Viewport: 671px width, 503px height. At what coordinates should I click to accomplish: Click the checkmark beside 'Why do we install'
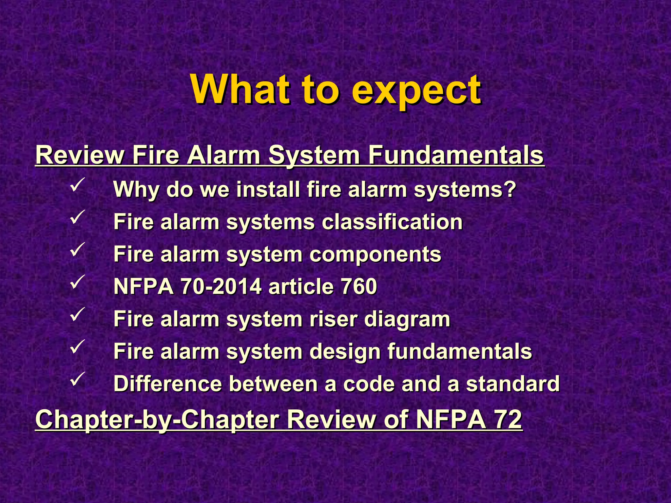click(78, 184)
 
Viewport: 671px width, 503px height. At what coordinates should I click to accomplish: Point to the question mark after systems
click(510, 189)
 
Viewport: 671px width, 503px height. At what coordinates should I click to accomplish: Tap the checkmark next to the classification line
click(78, 216)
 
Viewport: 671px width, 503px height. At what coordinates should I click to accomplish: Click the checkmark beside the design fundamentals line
click(78, 346)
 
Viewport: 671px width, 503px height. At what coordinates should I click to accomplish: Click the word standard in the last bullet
click(513, 383)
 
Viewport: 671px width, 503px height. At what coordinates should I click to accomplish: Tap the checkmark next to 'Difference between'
click(78, 378)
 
